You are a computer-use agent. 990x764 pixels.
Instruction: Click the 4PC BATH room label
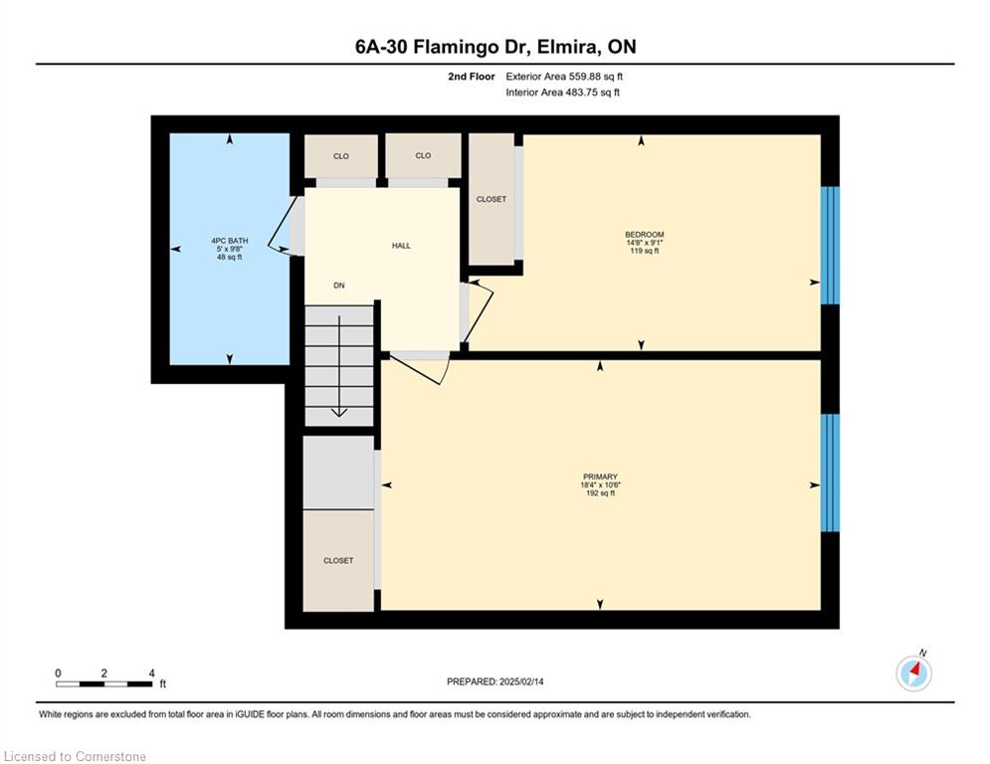click(x=229, y=241)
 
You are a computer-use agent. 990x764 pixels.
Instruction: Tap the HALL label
click(x=401, y=246)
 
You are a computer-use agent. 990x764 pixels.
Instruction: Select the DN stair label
click(x=339, y=286)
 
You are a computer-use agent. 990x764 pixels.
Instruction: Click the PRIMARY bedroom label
click(x=600, y=477)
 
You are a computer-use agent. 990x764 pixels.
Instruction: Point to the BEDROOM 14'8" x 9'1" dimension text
click(x=644, y=243)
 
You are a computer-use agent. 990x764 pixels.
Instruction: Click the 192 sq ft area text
click(x=600, y=493)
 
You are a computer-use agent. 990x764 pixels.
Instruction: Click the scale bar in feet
click(x=104, y=683)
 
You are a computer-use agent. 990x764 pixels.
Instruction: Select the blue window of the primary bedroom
click(x=830, y=473)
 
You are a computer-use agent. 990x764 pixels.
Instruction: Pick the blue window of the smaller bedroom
click(x=830, y=245)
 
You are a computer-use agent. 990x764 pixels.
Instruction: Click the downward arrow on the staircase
click(x=339, y=366)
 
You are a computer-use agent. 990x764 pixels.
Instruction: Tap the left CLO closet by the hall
click(x=341, y=156)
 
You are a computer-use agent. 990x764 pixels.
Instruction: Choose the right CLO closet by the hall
click(x=423, y=155)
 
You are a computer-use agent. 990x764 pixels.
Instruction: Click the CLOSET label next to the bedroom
click(x=492, y=199)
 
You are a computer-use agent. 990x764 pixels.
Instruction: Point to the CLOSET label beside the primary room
click(x=338, y=561)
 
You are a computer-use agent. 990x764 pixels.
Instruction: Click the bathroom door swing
click(x=283, y=224)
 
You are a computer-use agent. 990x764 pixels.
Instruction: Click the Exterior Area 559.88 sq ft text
click(x=564, y=77)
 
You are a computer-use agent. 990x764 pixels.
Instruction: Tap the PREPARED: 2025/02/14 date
click(x=495, y=681)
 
